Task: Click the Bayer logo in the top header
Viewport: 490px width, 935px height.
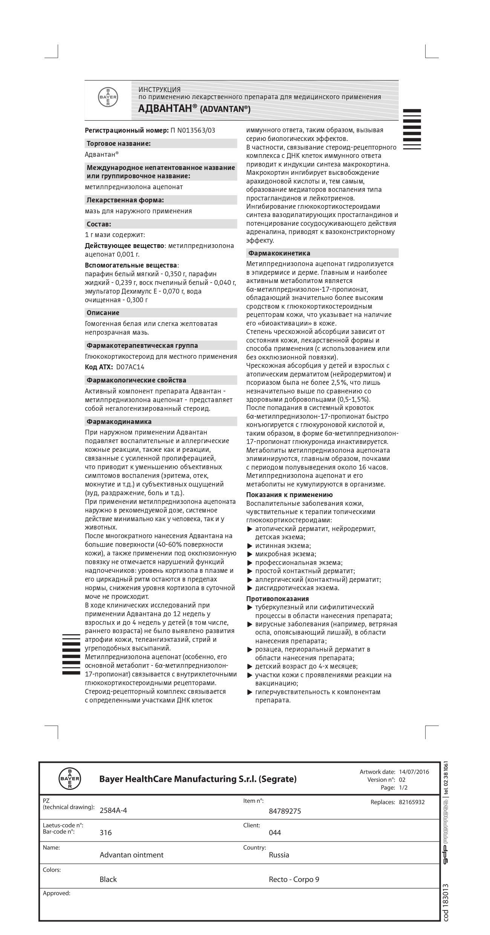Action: tap(108, 98)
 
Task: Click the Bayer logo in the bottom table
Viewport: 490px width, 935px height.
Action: tap(70, 779)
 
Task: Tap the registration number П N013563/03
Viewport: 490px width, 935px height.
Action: tap(193, 130)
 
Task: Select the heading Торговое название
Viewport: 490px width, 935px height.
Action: tap(119, 144)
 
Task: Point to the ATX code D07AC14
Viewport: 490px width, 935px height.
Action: tap(130, 367)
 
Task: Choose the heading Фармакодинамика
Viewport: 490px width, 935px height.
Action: tap(119, 421)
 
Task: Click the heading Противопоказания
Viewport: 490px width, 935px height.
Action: tap(277, 598)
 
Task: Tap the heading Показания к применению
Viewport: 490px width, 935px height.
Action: tap(289, 495)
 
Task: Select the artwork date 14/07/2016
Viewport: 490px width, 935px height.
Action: tap(414, 772)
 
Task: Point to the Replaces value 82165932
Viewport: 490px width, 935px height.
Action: tap(412, 802)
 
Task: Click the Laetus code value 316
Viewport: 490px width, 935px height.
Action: tap(106, 832)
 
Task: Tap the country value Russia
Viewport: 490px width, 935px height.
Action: tap(279, 855)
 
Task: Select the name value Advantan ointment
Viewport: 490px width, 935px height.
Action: tap(132, 855)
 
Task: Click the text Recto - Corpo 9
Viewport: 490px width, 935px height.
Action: tap(294, 879)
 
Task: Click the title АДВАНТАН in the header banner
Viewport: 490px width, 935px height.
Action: tap(165, 109)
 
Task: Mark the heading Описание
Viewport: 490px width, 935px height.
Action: tap(103, 313)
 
